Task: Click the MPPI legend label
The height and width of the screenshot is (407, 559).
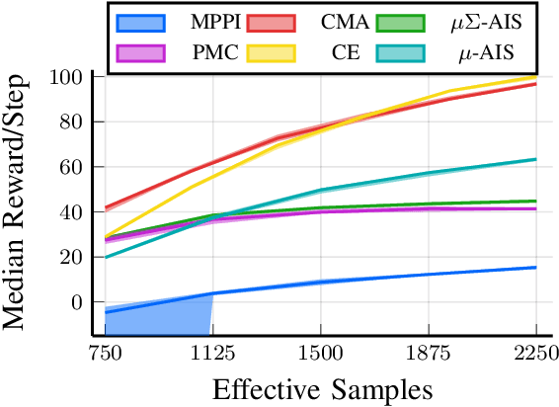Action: point(200,21)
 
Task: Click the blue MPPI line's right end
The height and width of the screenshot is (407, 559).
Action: point(535,268)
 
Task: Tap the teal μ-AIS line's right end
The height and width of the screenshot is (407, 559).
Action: point(535,159)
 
